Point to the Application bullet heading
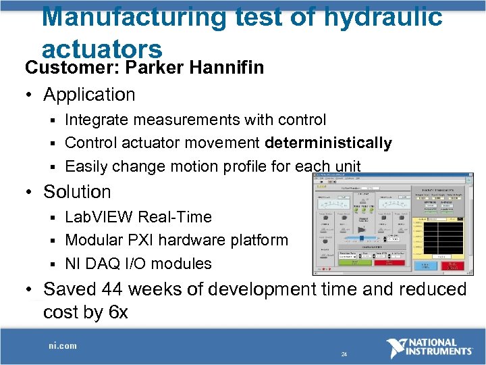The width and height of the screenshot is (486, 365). (x=89, y=95)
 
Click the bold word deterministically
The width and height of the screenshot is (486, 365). (x=328, y=143)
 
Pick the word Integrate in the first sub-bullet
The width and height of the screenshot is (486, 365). (x=99, y=120)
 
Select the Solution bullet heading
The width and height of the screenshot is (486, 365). (x=77, y=192)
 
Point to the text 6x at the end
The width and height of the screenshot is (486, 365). (x=116, y=312)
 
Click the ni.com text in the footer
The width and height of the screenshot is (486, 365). (x=62, y=345)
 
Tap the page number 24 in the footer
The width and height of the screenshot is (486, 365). (x=344, y=354)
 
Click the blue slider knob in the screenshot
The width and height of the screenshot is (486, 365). (x=361, y=237)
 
